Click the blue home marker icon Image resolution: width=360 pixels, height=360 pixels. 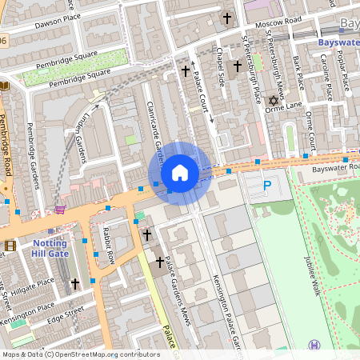pyautogui.click(x=180, y=173)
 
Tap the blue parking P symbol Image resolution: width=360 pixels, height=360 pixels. pyautogui.click(x=267, y=186)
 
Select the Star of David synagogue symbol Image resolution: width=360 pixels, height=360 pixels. pyautogui.click(x=272, y=101)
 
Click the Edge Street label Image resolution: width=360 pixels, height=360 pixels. pyautogui.click(x=66, y=313)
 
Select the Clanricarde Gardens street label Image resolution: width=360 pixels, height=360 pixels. pyautogui.click(x=154, y=136)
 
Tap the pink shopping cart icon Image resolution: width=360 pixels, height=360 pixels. pyautogui.click(x=60, y=210)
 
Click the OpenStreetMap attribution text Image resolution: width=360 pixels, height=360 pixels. pyautogui.click(x=80, y=354)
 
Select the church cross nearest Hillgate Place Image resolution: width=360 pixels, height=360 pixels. pyautogui.click(x=75, y=283)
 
